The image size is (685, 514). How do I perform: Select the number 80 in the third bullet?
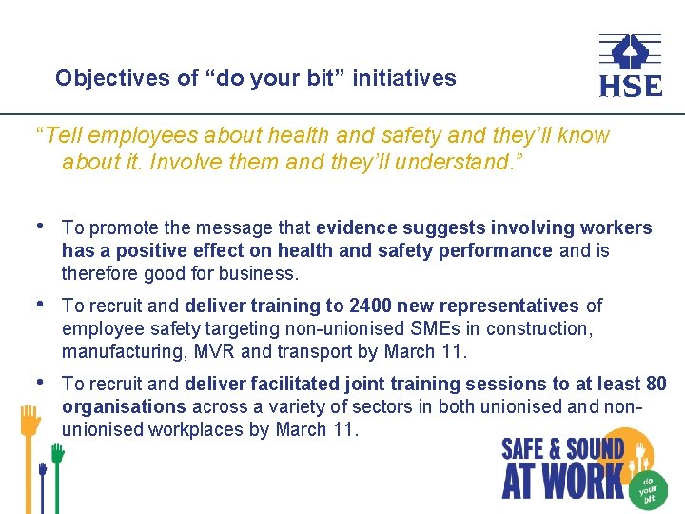pyautogui.click(x=656, y=384)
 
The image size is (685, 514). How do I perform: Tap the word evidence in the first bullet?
pyautogui.click(x=357, y=227)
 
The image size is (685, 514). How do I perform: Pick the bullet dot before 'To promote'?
pyautogui.click(x=39, y=227)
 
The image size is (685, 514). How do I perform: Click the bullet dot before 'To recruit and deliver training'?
pyautogui.click(x=39, y=305)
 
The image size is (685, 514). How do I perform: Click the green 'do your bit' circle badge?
pyautogui.click(x=649, y=486)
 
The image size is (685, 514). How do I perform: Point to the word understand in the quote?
pyautogui.click(x=453, y=162)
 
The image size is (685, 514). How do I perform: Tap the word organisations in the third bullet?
pyautogui.click(x=124, y=406)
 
